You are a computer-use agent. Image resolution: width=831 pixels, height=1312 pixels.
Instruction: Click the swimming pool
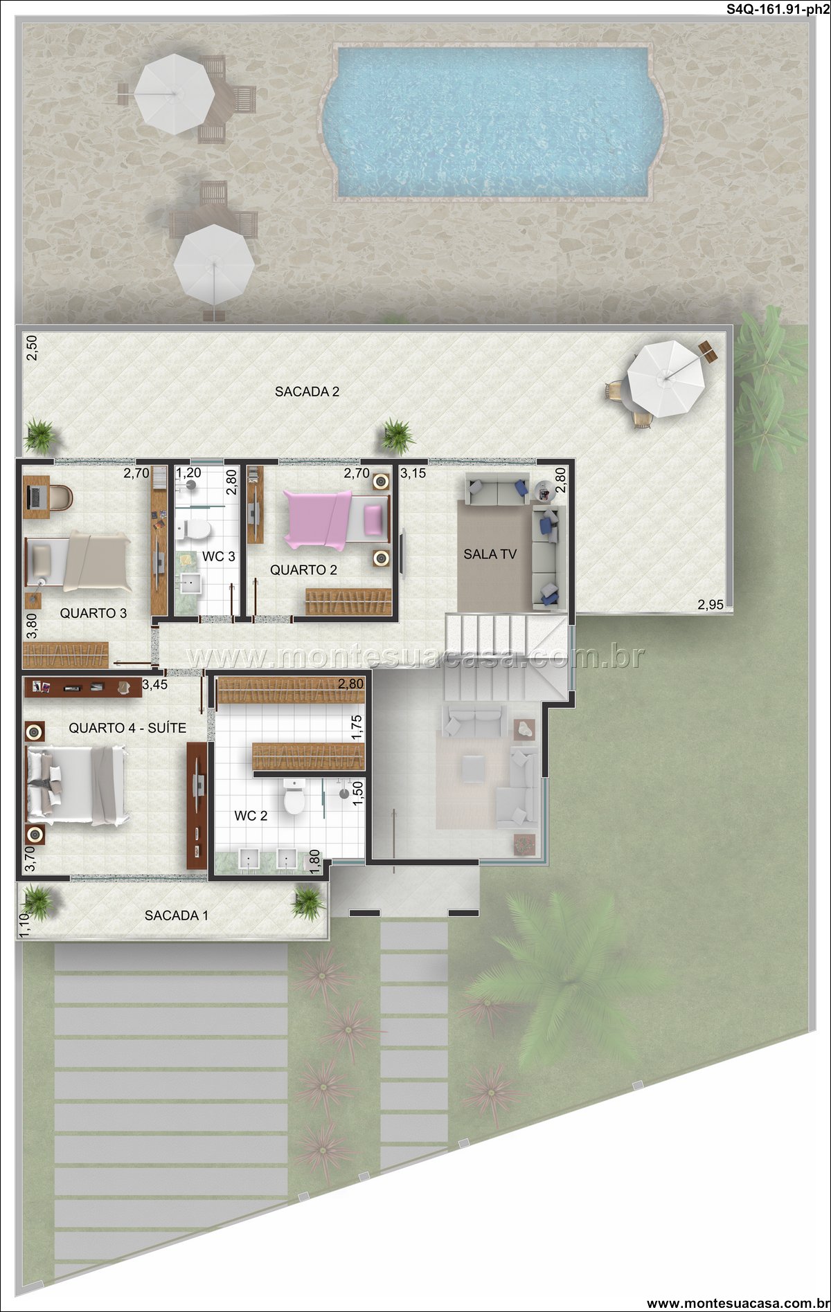tap(494, 122)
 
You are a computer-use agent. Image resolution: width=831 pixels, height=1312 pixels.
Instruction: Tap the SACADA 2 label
tap(307, 392)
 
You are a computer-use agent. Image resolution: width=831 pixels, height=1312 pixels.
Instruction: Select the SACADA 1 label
tap(176, 915)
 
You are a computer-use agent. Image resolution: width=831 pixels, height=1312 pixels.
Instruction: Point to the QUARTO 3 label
tap(93, 613)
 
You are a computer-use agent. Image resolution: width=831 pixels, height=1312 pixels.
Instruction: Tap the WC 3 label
tap(218, 556)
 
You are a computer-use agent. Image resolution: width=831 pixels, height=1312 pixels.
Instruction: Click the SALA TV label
tap(490, 554)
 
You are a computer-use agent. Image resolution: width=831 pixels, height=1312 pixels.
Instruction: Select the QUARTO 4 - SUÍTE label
tap(127, 728)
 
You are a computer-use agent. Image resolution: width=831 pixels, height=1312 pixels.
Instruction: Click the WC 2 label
tap(251, 816)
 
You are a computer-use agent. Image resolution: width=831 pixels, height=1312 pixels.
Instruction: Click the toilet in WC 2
tap(294, 797)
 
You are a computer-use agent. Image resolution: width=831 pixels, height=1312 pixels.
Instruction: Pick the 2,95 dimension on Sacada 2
tap(711, 604)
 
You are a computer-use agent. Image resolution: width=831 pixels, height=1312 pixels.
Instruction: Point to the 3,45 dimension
tap(155, 686)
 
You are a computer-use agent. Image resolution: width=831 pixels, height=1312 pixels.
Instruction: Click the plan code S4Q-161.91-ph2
tap(778, 10)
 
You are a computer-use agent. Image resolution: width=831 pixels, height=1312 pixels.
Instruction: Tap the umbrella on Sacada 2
tap(666, 379)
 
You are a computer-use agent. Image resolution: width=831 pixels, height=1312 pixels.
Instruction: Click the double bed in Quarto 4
tap(78, 785)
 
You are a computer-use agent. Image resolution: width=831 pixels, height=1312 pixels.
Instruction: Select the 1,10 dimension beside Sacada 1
tap(24, 925)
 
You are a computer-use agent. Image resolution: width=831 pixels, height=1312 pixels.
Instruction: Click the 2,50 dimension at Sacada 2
tap(31, 347)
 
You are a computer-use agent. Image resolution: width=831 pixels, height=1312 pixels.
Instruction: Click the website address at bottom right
tap(737, 1303)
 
